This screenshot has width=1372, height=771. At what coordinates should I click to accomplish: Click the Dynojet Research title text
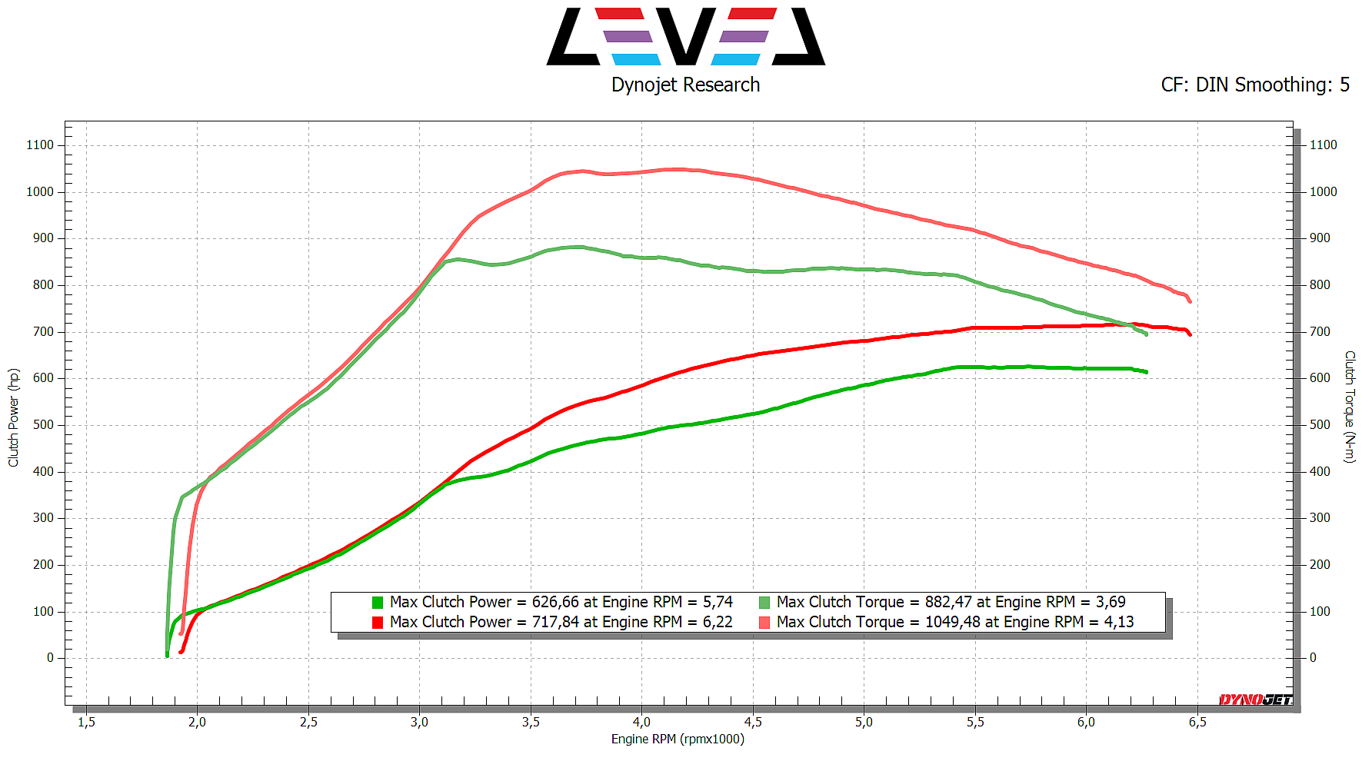[685, 85]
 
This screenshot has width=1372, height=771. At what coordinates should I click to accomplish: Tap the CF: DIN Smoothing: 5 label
[1254, 85]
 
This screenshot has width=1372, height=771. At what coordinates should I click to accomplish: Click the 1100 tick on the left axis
[40, 145]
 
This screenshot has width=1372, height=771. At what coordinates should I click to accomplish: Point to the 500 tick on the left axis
[43, 424]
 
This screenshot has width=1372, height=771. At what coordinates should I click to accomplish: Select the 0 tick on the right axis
[1313, 657]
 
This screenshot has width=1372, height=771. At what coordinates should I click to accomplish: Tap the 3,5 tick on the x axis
[531, 722]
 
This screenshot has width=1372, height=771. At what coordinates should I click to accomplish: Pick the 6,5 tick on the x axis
[1197, 722]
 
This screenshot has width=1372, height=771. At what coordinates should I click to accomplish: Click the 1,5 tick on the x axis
[86, 722]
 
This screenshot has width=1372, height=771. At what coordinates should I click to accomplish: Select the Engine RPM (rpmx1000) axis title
[678, 739]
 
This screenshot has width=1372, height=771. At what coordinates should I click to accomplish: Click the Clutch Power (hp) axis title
[13, 417]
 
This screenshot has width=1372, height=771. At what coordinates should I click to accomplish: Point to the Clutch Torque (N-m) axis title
[1350, 407]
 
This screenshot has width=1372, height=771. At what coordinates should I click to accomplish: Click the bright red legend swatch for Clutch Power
[378, 623]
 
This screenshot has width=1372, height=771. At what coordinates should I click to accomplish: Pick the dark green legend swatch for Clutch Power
[378, 603]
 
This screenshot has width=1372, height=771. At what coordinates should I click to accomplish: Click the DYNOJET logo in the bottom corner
[1256, 699]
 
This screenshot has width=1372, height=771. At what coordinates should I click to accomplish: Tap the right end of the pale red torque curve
[1190, 301]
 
